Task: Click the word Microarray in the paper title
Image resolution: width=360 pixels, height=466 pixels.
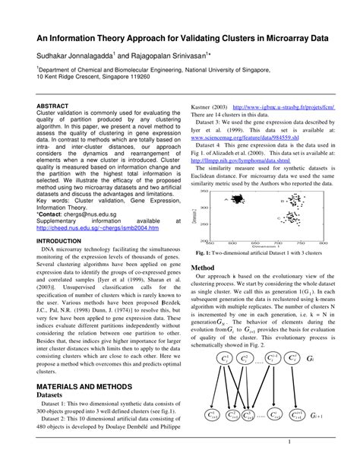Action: [271, 36]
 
